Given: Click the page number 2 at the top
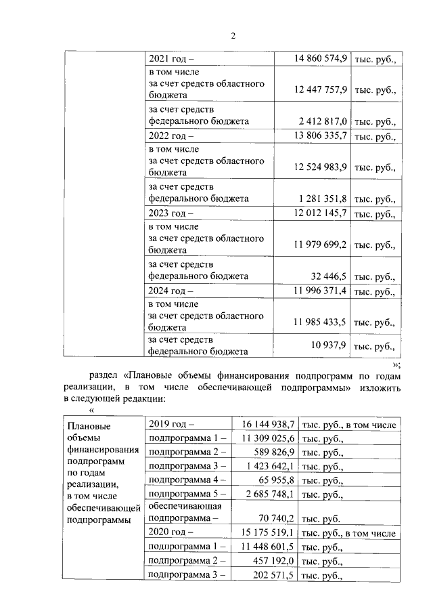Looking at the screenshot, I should pyautogui.click(x=232, y=36).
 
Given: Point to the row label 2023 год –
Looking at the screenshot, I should pyautogui.click(x=171, y=214).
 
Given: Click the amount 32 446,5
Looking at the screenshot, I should pyautogui.click(x=329, y=276).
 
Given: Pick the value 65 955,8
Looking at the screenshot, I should pyautogui.click(x=278, y=480).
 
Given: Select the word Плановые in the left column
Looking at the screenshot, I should pyautogui.click(x=89, y=427).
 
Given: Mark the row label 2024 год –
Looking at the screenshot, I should pyautogui.click(x=171, y=291).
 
